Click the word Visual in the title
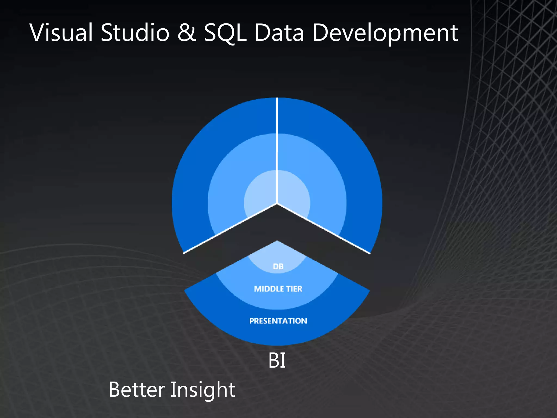pyautogui.click(x=61, y=33)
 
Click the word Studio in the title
pyautogui.click(x=135, y=33)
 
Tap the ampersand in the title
pyautogui.click(x=187, y=33)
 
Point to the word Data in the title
pyautogui.click(x=279, y=33)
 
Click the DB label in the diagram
pyautogui.click(x=278, y=266)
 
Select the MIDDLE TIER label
pyautogui.click(x=278, y=289)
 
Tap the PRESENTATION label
pyautogui.click(x=278, y=321)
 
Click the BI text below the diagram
pyautogui.click(x=277, y=361)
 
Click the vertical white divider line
pyautogui.click(x=277, y=150)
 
